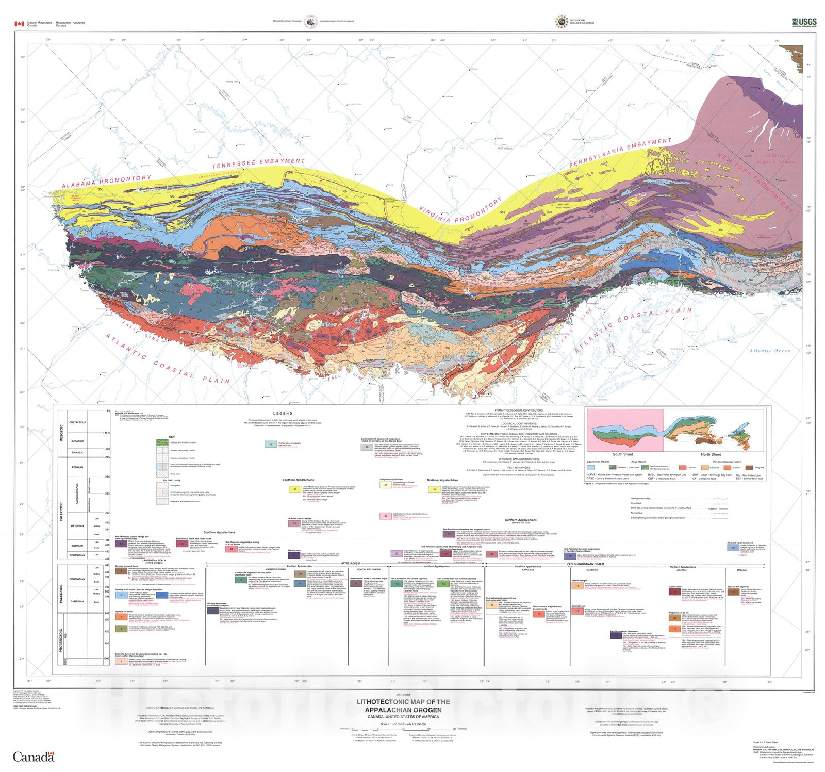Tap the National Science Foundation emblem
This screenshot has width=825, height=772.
pyautogui.click(x=561, y=22)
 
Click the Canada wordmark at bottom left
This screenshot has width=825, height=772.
pyautogui.click(x=33, y=757)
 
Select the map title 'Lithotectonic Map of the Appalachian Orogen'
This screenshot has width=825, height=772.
pyautogui.click(x=403, y=705)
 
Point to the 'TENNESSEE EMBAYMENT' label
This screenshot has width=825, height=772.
pyautogui.click(x=258, y=163)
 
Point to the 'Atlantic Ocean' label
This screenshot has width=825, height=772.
pyautogui.click(x=769, y=351)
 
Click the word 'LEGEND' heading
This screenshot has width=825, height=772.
pyautogui.click(x=283, y=413)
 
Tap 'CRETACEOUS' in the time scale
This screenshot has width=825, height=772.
pyautogui.click(x=77, y=422)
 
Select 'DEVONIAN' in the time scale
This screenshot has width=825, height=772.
pyautogui.click(x=77, y=525)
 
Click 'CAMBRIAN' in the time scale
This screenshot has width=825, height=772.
pyautogui.click(x=77, y=601)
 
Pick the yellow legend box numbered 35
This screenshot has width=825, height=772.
pyautogui.click(x=295, y=489)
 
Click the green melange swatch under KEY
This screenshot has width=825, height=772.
pyautogui.click(x=162, y=442)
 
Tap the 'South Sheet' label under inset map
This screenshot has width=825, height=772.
pyautogui.click(x=622, y=454)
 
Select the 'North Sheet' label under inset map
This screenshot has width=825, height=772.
pyautogui.click(x=711, y=454)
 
